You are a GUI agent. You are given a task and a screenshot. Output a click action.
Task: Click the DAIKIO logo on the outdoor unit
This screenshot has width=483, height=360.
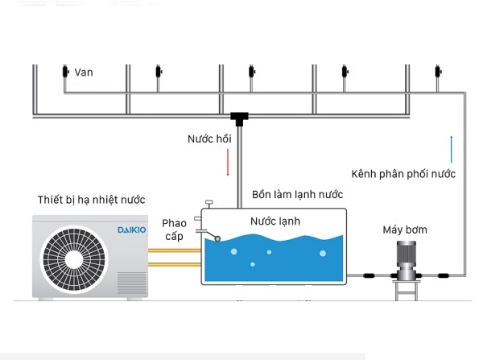click(132, 230)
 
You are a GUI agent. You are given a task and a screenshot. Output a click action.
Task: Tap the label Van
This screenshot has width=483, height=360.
click(84, 72)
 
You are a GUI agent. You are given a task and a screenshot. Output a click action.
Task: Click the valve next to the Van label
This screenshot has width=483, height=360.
click(65, 72)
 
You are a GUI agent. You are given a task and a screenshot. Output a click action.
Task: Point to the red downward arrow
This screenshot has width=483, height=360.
click(228, 163)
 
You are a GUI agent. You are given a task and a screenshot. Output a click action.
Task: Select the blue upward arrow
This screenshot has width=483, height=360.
click(452, 149)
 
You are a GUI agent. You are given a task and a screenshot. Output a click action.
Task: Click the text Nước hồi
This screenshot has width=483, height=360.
click(209, 139)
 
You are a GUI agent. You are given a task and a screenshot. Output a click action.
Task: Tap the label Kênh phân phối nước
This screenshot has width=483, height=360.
click(403, 174)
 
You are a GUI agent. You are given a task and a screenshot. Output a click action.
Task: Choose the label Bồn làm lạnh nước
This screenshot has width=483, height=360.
click(297, 194)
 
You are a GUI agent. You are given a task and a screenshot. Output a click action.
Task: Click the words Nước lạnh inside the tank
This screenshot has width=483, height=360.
click(275, 221)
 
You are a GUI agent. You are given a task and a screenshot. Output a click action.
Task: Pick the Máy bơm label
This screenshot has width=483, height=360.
click(405, 230)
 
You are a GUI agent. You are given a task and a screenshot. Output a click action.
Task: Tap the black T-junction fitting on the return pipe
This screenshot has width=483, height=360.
click(239, 119)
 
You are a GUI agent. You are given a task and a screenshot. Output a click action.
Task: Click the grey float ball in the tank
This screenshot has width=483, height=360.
click(218, 238)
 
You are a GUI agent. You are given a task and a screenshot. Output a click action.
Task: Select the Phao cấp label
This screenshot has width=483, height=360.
click(175, 230)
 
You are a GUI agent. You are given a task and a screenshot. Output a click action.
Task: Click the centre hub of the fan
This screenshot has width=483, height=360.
click(74, 259)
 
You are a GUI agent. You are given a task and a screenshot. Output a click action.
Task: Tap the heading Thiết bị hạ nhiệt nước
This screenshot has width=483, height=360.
click(91, 200)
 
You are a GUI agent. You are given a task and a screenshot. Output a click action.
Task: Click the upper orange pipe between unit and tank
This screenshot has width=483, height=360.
click(175, 250)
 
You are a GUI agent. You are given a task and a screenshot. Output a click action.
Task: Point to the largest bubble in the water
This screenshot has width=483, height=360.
click(323, 254)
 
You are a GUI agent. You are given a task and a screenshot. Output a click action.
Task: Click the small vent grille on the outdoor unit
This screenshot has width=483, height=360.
click(132, 283)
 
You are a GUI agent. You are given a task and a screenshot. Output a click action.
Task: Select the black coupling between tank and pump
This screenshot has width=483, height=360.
click(369, 275)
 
